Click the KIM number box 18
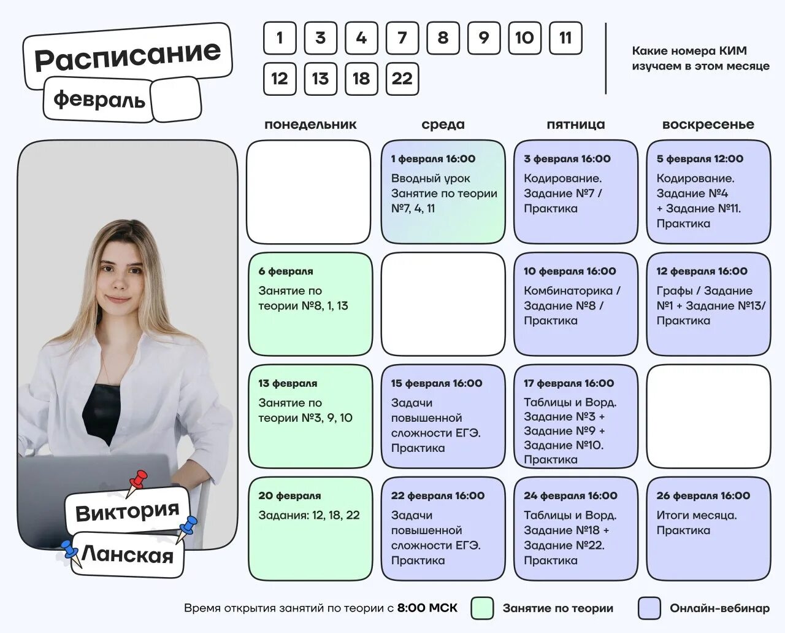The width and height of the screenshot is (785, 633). [361, 79]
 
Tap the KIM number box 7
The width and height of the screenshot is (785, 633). [402, 38]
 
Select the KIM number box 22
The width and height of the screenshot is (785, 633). [402, 79]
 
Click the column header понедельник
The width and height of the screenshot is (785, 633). [310, 125]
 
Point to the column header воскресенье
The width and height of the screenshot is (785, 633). [708, 125]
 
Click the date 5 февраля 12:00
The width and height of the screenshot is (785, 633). [700, 159]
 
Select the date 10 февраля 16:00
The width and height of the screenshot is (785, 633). [570, 271]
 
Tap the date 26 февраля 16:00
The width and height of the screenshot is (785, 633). [703, 495]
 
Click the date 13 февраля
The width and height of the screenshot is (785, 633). [288, 384]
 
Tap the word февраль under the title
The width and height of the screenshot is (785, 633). [99, 99]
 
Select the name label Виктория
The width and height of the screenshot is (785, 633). [127, 511]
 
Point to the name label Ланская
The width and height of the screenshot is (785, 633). [128, 556]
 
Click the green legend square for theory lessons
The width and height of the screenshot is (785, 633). [482, 608]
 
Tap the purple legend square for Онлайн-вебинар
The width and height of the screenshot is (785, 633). [649, 608]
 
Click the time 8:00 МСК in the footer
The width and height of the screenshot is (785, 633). [427, 608]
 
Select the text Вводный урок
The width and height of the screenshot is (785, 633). [431, 179]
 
